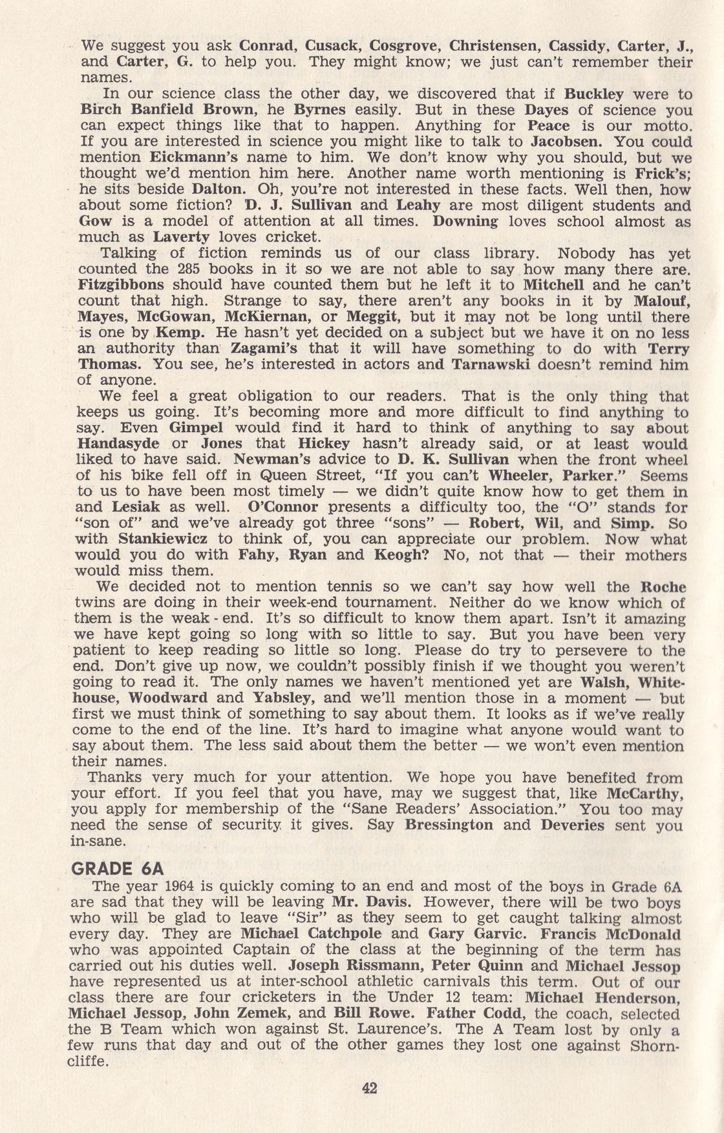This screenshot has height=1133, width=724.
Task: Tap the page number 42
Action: [369, 1088]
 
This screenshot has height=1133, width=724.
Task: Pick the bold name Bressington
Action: [449, 825]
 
